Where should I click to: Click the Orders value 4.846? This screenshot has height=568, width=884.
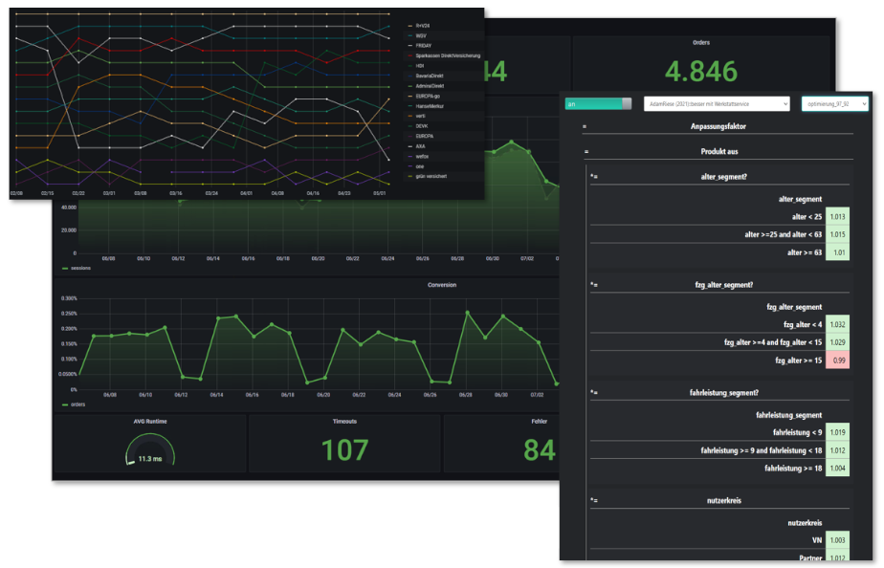click(x=701, y=71)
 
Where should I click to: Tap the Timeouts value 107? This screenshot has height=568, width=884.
click(x=343, y=449)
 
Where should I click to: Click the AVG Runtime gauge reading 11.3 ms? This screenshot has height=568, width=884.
click(x=149, y=458)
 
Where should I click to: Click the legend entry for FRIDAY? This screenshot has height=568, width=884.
click(x=424, y=45)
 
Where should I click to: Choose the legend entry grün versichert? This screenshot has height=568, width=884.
click(x=431, y=176)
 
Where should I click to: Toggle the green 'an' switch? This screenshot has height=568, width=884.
click(x=599, y=103)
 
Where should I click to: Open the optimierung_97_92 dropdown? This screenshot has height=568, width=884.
click(x=834, y=103)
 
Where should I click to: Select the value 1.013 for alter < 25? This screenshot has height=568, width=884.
click(x=838, y=217)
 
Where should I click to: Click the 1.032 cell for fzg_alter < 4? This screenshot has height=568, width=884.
click(x=838, y=324)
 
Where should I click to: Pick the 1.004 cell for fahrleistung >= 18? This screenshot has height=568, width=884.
click(x=838, y=468)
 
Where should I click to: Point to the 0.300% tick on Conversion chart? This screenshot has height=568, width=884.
click(x=67, y=297)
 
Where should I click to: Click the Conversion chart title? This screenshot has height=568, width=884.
click(x=442, y=284)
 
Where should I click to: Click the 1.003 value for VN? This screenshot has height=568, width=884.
click(x=838, y=540)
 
